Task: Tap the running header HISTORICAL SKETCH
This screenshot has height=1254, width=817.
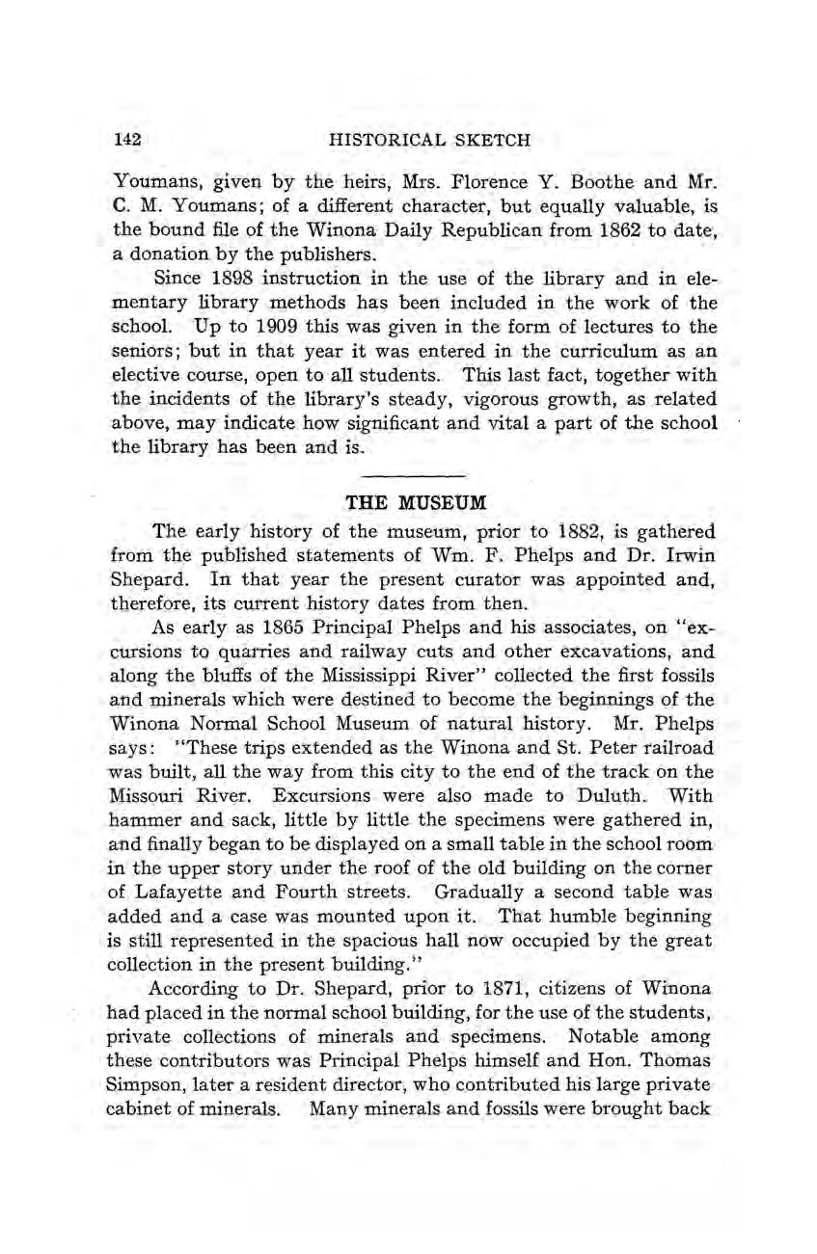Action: tap(429, 140)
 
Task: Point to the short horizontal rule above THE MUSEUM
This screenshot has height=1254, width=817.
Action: tap(417, 476)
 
